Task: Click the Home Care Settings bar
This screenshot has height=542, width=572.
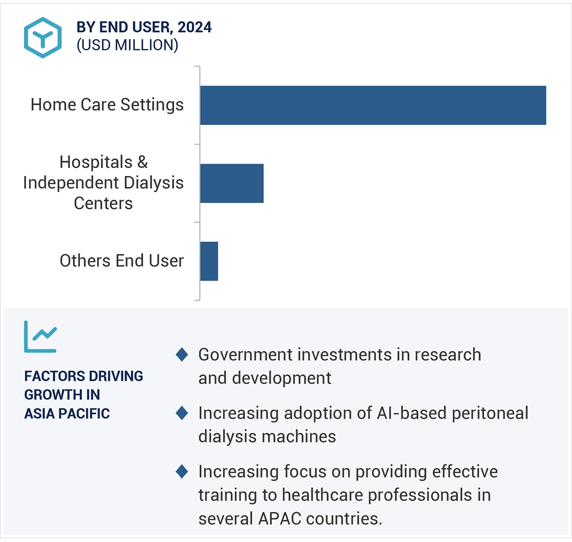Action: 373,105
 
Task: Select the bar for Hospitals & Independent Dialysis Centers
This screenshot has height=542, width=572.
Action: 232,183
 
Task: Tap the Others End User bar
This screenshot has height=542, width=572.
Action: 209,261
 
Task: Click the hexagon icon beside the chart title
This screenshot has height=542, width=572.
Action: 43,37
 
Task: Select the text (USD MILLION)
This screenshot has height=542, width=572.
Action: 127,45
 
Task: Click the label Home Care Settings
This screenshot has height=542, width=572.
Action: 107,105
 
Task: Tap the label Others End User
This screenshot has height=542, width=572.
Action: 121,261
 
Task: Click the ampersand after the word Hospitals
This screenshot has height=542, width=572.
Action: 142,162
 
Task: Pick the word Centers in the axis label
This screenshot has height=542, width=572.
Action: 103,203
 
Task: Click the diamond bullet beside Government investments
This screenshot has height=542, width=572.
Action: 182,354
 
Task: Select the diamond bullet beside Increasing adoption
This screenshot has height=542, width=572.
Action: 182,413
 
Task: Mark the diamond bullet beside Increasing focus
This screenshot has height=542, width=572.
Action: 182,472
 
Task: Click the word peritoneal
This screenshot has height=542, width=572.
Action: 490,413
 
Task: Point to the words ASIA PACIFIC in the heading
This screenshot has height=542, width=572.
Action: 67,413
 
